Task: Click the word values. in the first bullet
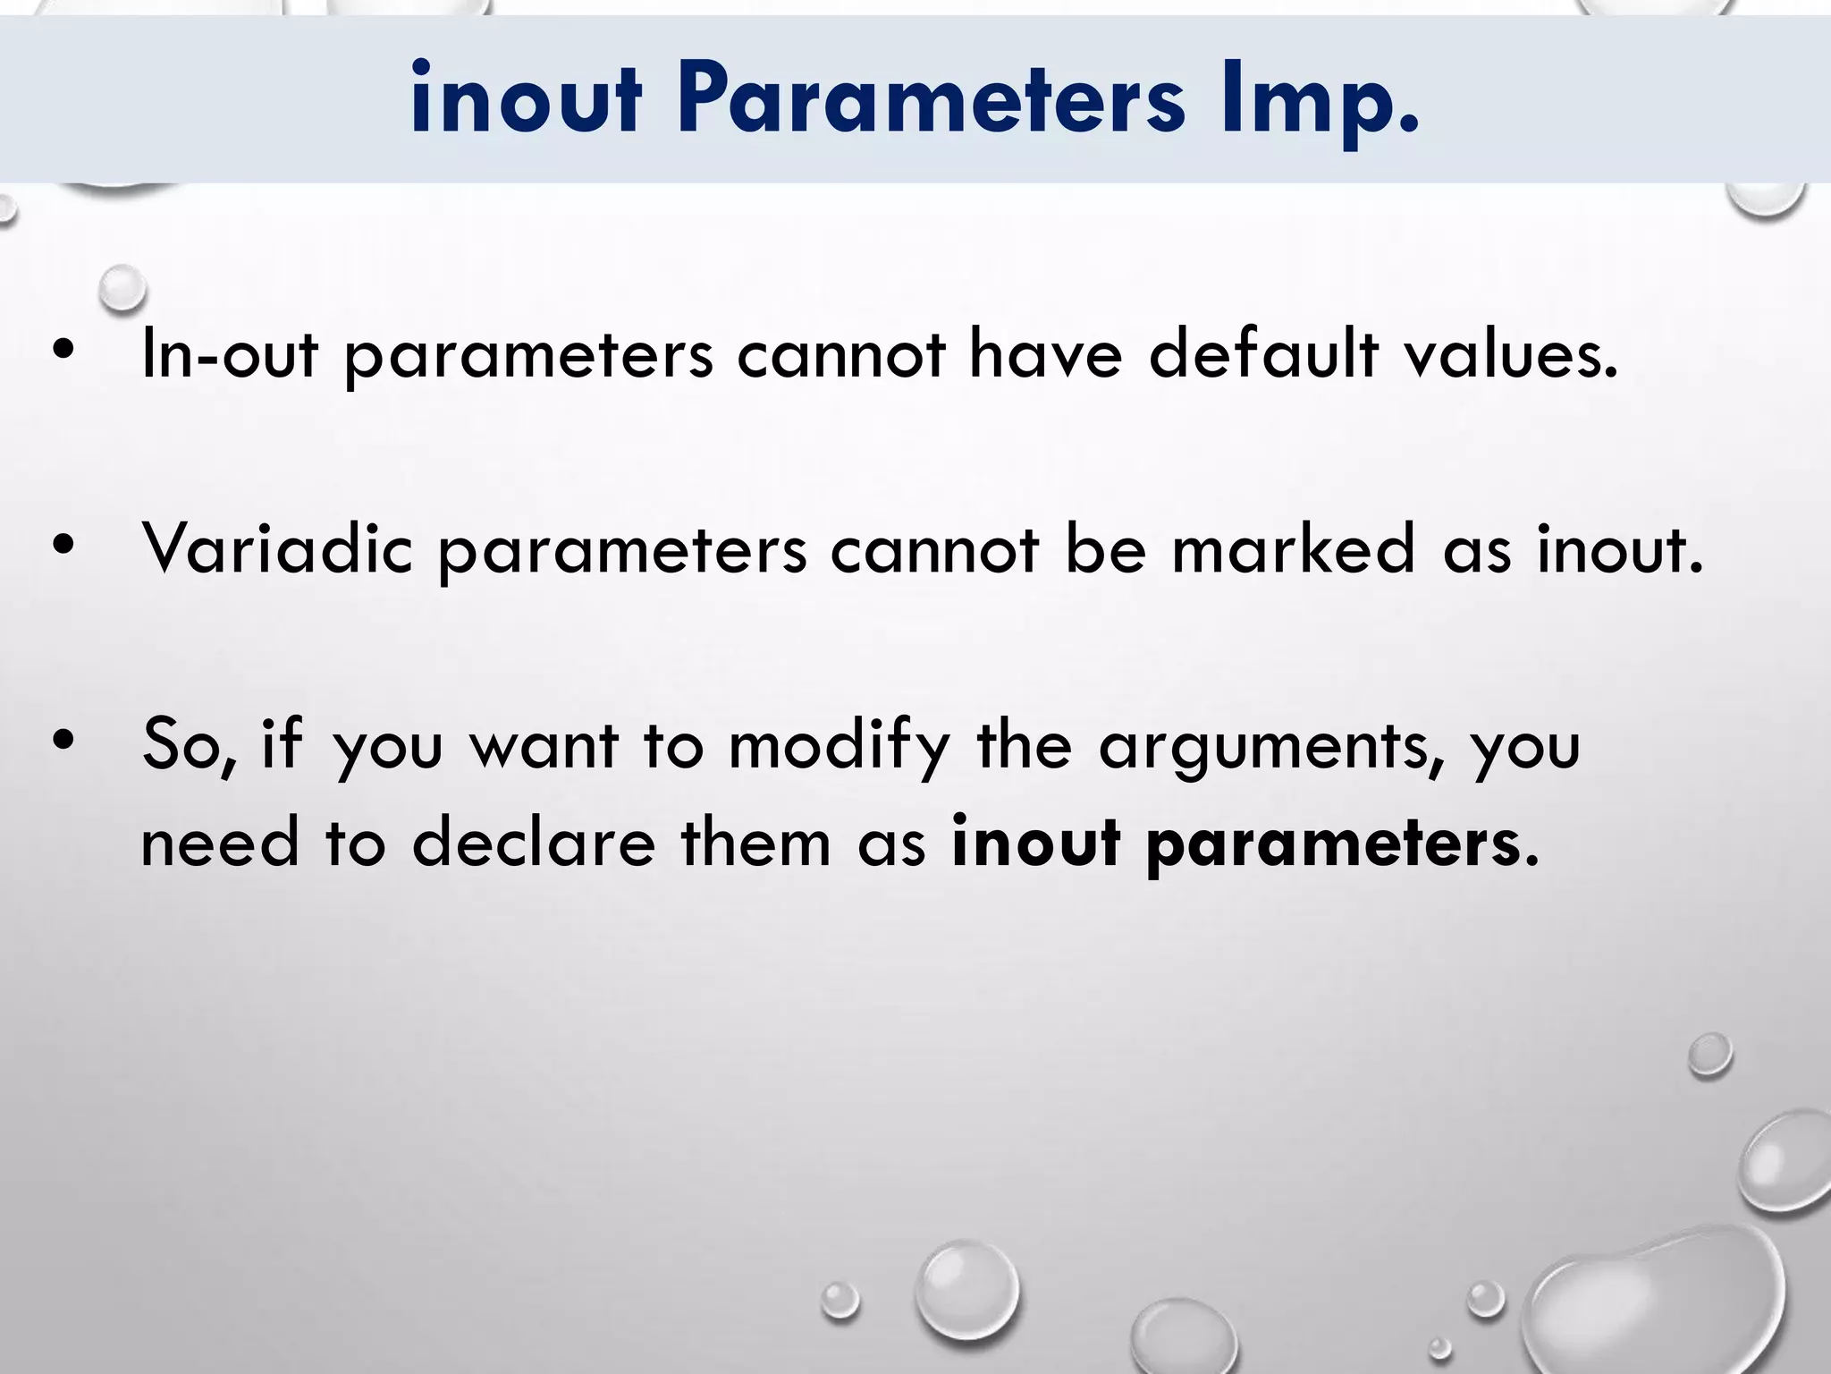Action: click(1511, 354)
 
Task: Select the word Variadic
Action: click(277, 548)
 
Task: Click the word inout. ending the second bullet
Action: click(1619, 548)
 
